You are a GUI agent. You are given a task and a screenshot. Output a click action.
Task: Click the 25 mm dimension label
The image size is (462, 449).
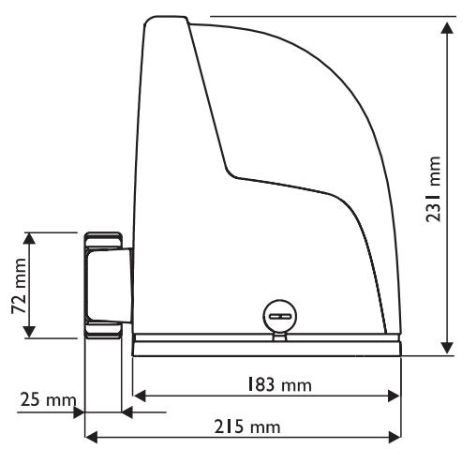[x=44, y=400]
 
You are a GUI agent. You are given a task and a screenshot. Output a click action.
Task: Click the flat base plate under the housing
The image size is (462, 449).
[x=267, y=347]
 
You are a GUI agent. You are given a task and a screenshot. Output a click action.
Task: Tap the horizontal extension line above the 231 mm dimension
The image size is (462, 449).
[x=328, y=16]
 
